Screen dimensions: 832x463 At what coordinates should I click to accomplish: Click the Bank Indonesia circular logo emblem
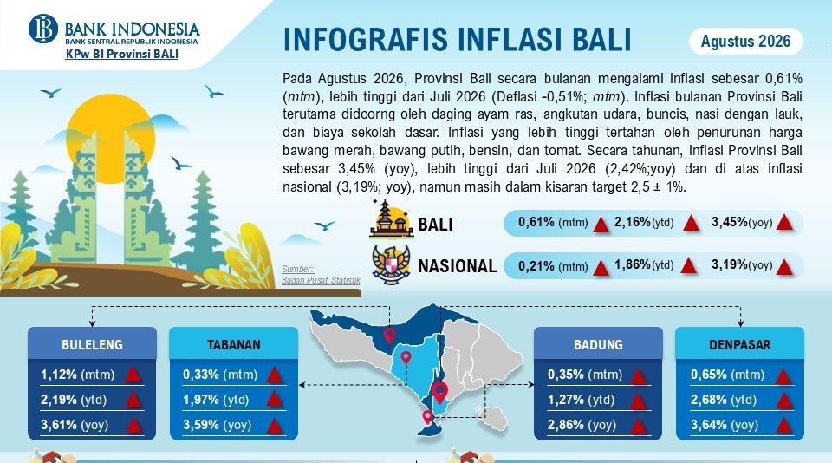[x=43, y=29]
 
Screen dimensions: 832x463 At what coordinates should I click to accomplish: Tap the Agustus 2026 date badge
[x=745, y=41]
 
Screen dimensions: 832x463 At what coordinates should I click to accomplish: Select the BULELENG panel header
[x=93, y=344]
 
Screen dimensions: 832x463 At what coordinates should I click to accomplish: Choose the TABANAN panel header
[x=233, y=344]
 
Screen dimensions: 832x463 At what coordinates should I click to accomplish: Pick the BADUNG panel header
[x=598, y=344]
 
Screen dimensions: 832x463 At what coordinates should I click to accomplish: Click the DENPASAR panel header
[x=739, y=344]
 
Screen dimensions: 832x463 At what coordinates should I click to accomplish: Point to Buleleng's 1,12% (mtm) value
[x=77, y=375]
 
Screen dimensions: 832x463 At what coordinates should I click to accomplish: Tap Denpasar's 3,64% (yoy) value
[x=725, y=425]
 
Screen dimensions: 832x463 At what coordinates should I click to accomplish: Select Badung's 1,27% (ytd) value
[x=581, y=400]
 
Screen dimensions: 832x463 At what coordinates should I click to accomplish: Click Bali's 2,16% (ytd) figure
[x=644, y=222]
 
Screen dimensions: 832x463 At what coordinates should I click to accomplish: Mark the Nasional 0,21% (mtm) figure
[x=553, y=266]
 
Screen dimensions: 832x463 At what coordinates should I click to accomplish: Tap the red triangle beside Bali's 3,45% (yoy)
[x=784, y=223]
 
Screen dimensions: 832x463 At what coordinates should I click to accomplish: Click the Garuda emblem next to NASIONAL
[x=391, y=264]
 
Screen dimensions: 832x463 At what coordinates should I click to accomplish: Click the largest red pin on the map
[x=439, y=392]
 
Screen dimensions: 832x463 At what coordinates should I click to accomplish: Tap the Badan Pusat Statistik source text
[x=321, y=280]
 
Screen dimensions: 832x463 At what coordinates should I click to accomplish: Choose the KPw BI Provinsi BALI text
[x=121, y=54]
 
